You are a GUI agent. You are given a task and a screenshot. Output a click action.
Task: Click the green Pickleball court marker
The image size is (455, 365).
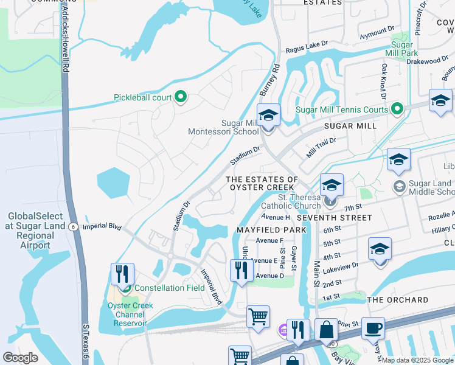pyautogui.click(x=180, y=97)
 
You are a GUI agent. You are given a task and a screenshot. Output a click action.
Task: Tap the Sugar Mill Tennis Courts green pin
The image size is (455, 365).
pyautogui.click(x=397, y=109)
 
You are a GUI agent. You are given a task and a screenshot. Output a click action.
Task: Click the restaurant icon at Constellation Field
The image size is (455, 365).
pyautogui.click(x=123, y=274)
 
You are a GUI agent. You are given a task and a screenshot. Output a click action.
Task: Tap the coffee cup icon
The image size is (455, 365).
pyautogui.click(x=373, y=328)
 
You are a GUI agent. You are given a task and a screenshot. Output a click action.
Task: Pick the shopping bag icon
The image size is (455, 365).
pyautogui.click(x=326, y=330)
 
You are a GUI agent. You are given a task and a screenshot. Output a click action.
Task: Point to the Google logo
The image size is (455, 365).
pyautogui.click(x=20, y=357)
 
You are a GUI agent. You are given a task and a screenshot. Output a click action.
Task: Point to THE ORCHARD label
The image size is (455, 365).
pyautogui.click(x=398, y=300)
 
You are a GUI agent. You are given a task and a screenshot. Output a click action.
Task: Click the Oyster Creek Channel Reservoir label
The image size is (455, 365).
pyautogui.click(x=129, y=315)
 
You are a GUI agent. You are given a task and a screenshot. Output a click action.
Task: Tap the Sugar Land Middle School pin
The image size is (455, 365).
pyautogui.click(x=400, y=186)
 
